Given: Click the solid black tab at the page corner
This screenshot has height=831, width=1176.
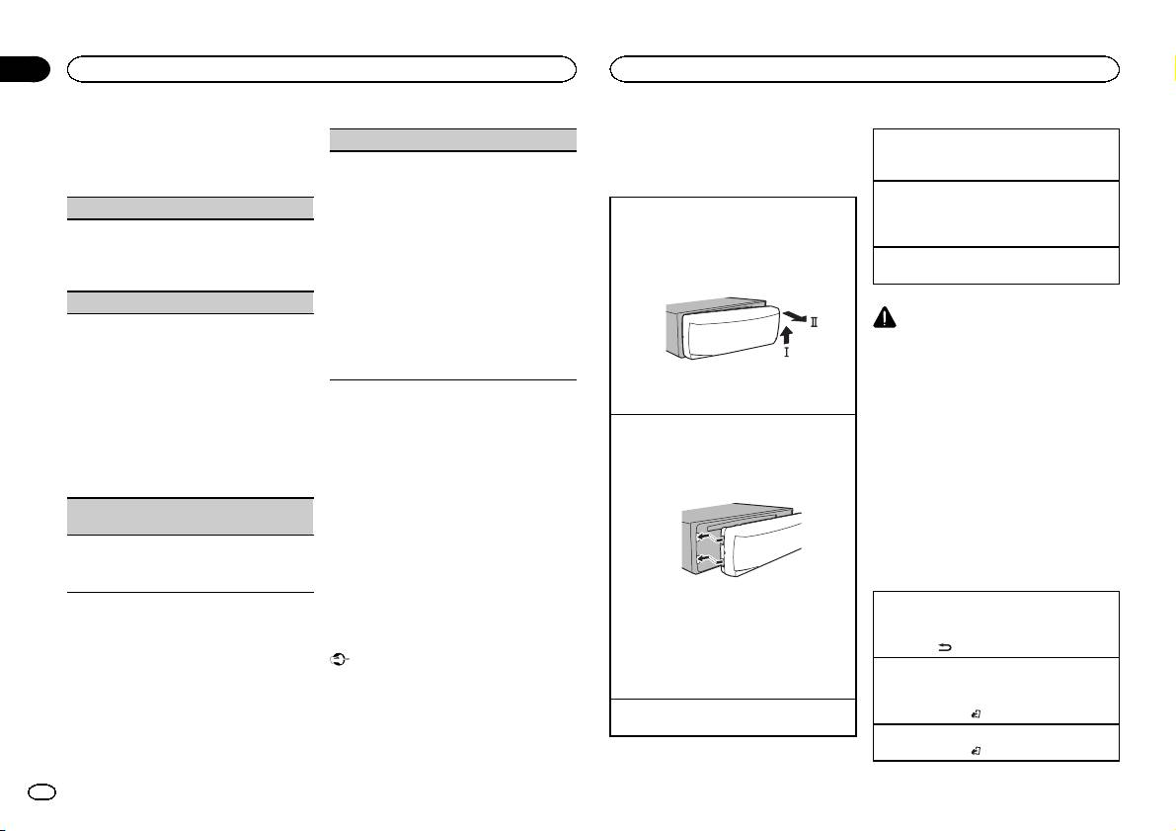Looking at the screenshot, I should tap(24, 68).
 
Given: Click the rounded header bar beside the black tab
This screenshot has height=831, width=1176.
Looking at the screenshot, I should tap(321, 68).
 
